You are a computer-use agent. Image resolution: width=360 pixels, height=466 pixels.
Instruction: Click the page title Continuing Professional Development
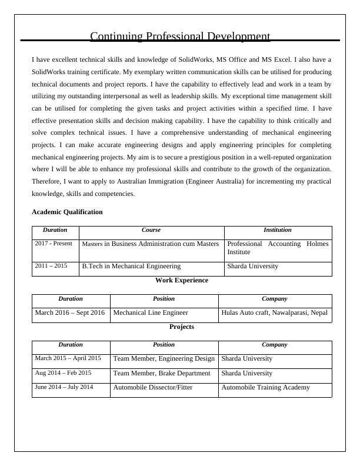(x=180, y=36)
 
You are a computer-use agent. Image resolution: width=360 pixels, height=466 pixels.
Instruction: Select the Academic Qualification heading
(x=66, y=212)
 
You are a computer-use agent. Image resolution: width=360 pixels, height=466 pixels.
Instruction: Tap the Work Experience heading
(x=181, y=281)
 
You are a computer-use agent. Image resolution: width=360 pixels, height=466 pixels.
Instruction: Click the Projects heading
(x=181, y=327)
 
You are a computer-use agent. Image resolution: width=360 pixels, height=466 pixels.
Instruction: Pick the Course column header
(x=151, y=230)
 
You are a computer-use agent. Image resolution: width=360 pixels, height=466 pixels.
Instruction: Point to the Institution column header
(x=278, y=230)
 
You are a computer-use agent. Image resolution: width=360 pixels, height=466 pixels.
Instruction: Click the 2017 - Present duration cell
(x=54, y=244)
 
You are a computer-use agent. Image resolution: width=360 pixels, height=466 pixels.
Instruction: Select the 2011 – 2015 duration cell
(x=51, y=266)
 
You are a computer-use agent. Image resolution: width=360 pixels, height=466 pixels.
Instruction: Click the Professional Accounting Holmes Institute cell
(x=278, y=248)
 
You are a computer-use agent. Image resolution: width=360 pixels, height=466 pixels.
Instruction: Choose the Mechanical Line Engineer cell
(x=151, y=313)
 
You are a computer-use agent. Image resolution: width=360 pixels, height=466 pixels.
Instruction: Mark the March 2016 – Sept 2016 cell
(x=69, y=313)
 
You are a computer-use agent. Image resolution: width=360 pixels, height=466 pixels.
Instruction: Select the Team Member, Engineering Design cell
(x=164, y=358)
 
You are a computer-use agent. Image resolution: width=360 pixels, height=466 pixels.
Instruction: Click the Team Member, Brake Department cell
(x=161, y=373)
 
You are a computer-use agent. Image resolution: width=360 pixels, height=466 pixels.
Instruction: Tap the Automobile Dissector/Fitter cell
(x=152, y=387)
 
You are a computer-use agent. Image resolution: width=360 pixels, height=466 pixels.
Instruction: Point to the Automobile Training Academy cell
(x=265, y=387)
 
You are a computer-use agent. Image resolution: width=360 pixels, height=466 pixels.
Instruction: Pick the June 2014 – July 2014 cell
(x=64, y=387)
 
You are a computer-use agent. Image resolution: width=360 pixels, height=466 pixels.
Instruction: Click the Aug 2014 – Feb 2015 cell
(x=63, y=373)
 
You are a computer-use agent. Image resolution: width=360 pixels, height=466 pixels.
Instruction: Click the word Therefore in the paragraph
(x=48, y=182)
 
